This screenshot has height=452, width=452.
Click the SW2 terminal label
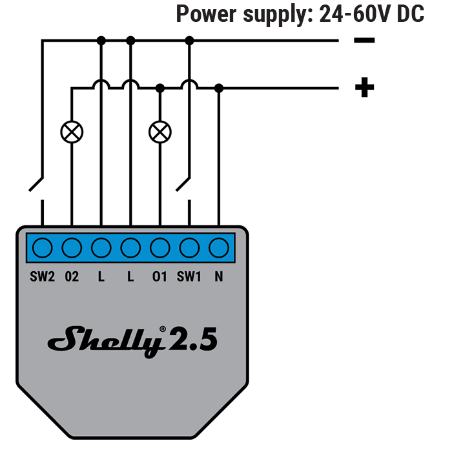click(42, 277)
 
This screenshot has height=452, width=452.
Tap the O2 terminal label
click(72, 277)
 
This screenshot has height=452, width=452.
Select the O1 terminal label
click(159, 277)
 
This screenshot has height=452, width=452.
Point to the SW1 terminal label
click(189, 277)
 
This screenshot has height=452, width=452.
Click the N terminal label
click(219, 277)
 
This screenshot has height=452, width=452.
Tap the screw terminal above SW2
click(42, 247)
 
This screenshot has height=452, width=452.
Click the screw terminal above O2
click(72, 247)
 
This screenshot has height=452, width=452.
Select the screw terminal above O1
click(159, 247)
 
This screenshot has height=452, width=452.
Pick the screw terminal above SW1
click(189, 247)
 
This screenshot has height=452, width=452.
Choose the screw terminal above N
click(219, 247)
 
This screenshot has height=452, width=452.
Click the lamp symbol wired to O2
click(72, 132)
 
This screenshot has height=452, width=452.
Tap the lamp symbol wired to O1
click(159, 132)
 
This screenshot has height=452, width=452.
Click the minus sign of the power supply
click(364, 41)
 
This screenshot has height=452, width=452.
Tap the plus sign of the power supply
click(364, 87)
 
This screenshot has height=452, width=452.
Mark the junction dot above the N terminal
click(219, 87)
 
